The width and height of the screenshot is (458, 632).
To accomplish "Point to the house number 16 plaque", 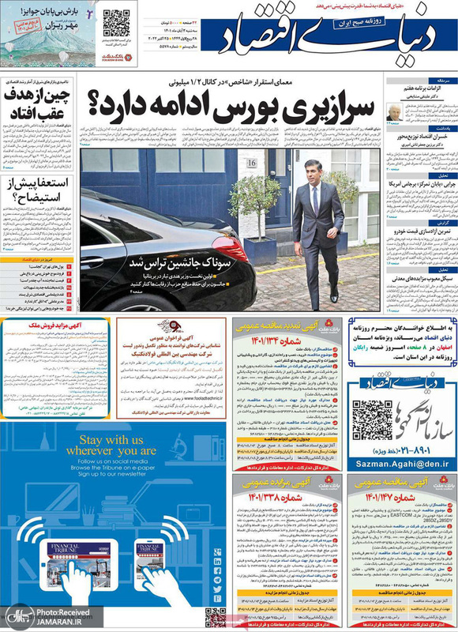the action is pyautogui.click(x=252, y=163).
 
